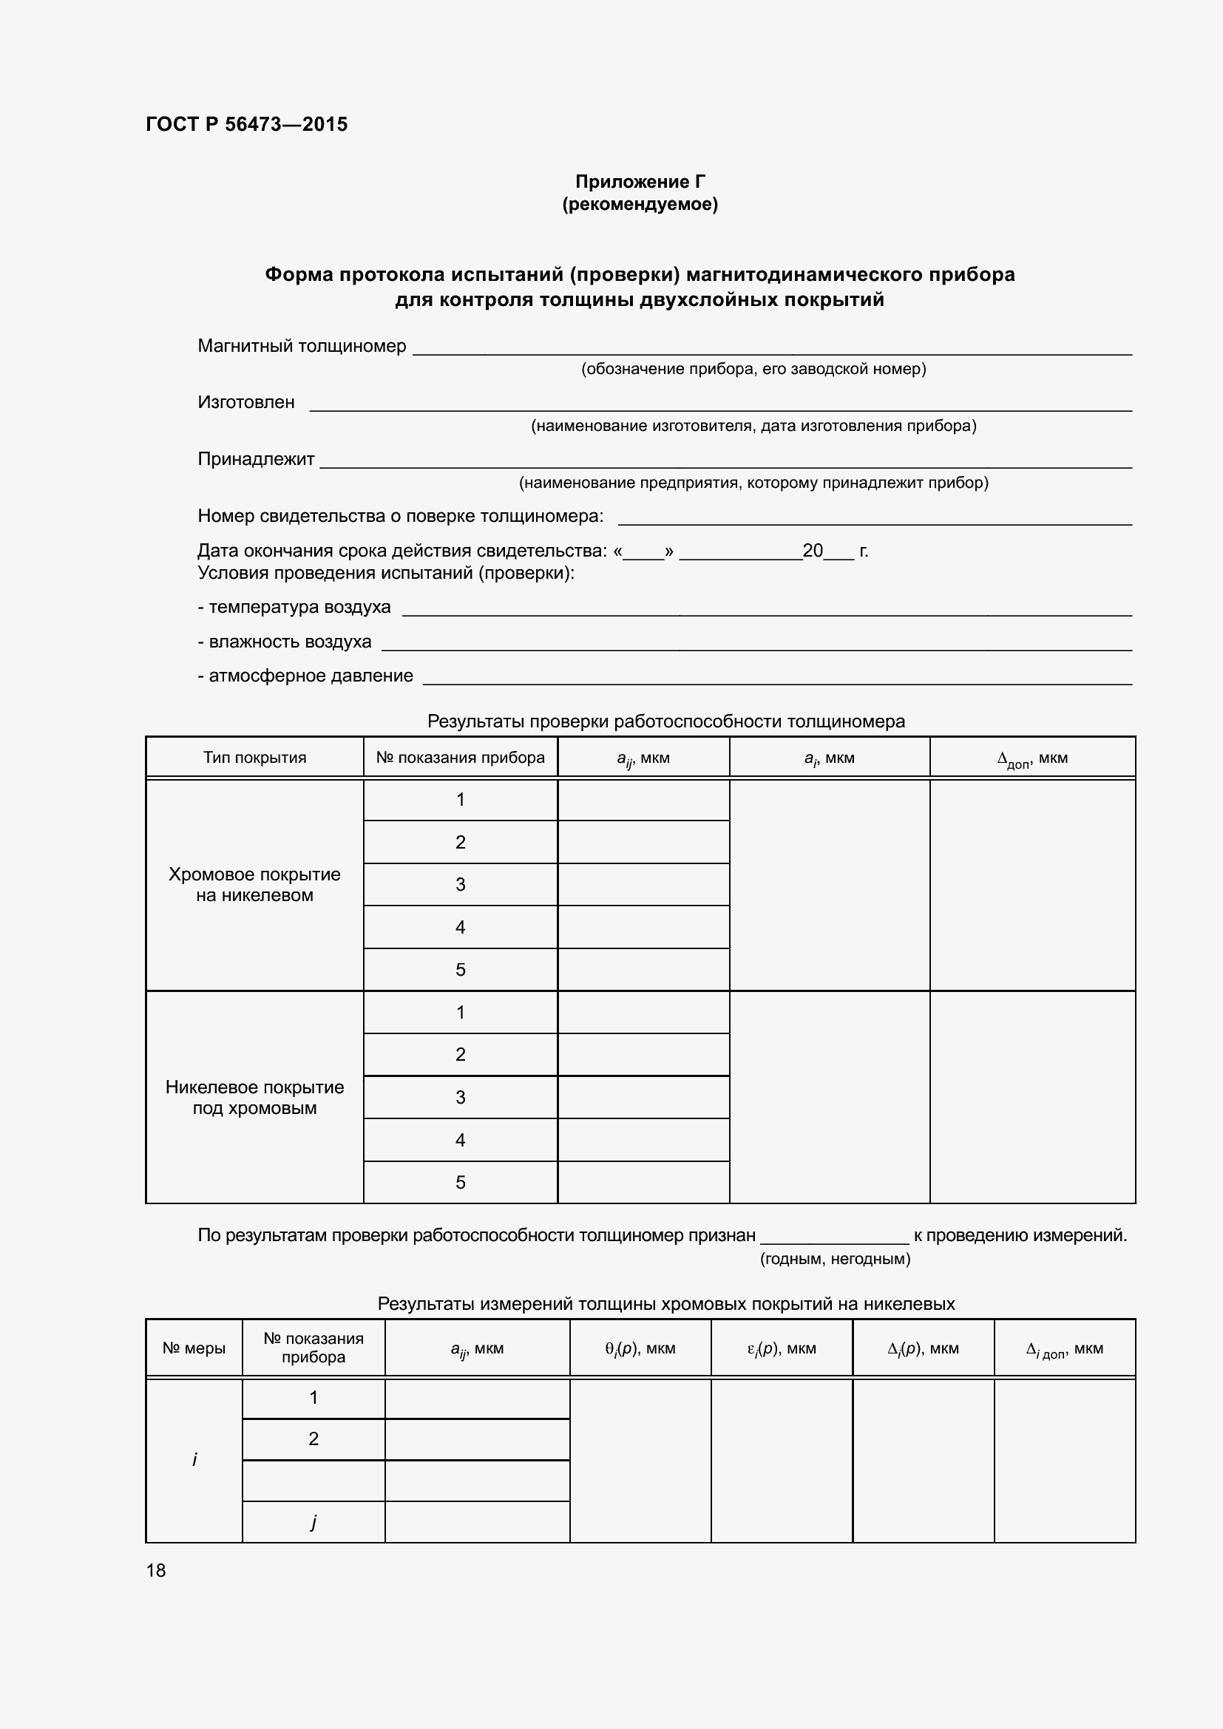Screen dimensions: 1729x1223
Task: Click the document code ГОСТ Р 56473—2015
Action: coord(246,124)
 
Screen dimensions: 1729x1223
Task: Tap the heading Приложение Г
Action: coord(640,182)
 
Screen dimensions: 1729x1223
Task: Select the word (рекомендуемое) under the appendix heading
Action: coord(640,204)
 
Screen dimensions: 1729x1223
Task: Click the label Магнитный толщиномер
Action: coord(301,346)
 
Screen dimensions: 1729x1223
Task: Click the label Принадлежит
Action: coord(255,458)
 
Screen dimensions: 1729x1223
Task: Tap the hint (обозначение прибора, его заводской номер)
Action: coord(753,369)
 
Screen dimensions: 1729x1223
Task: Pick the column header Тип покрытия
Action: coord(254,758)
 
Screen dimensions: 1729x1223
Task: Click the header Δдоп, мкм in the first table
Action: coord(1031,758)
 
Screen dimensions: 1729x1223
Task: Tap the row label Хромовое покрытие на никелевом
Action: coord(254,885)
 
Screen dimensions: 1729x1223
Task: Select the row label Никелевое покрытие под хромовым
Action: coord(254,1097)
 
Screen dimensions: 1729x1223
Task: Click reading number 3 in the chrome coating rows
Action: coord(460,885)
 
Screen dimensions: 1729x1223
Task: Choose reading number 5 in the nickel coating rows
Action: coord(460,1182)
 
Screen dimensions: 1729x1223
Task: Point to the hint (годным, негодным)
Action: coord(834,1258)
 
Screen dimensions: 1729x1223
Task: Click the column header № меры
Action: coord(194,1348)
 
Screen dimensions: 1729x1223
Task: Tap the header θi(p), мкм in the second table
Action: coord(640,1348)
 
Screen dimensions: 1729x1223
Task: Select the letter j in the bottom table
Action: coord(314,1521)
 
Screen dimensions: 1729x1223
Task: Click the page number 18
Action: coord(156,1570)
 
